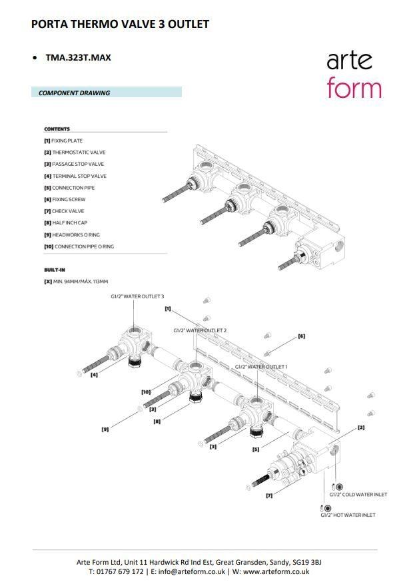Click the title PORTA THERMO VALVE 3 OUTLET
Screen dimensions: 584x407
click(120, 24)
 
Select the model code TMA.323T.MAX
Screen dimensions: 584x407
click(77, 57)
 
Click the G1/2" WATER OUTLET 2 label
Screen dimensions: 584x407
click(200, 330)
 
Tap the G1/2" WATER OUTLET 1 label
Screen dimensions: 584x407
click(261, 367)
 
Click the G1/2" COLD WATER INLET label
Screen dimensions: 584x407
click(358, 494)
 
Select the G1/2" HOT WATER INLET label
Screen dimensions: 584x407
click(347, 515)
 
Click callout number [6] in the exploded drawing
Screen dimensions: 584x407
click(301, 336)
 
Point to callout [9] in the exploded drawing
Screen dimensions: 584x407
click(105, 430)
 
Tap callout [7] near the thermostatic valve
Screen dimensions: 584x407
click(269, 495)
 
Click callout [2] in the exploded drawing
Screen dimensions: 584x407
click(361, 427)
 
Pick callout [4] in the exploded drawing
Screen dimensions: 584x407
click(94, 375)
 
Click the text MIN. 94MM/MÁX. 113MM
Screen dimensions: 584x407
click(80, 282)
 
